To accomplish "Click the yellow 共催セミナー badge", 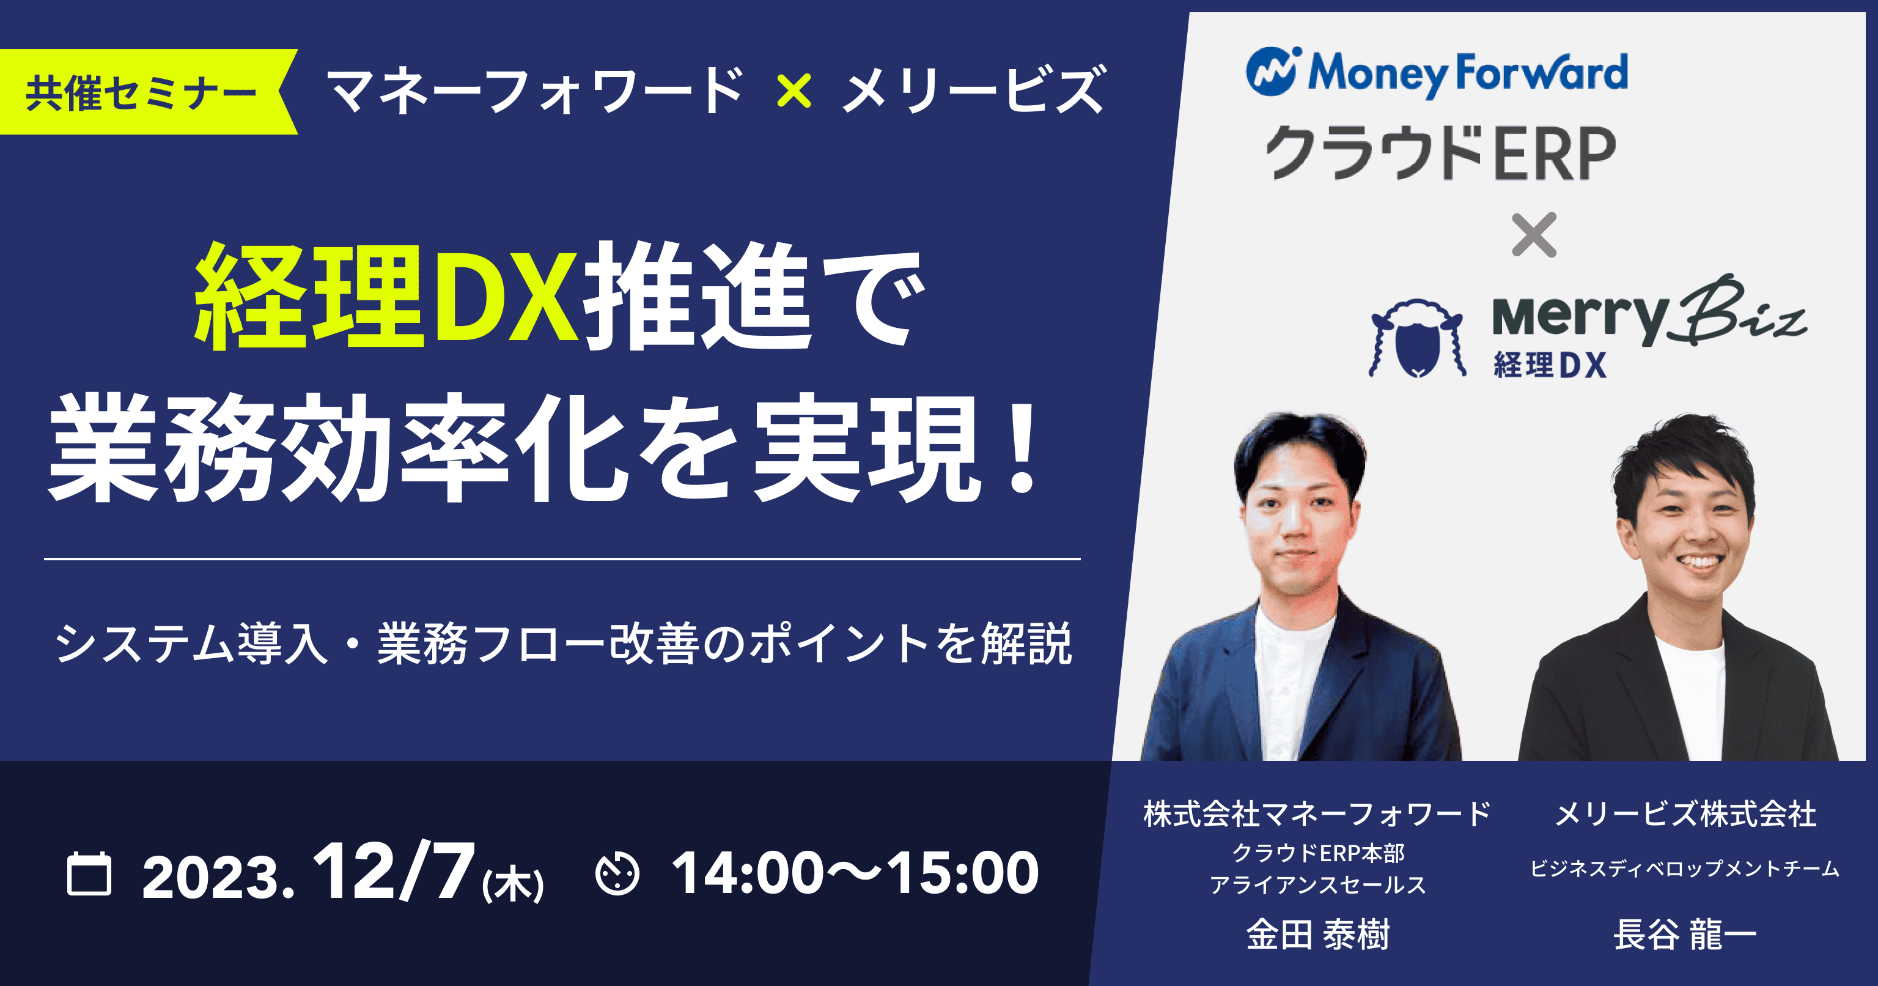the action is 146,92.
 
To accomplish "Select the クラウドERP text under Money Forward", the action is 1440,152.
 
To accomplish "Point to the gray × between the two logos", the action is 1534,235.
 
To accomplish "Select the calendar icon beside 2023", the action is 89,873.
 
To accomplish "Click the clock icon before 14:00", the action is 617,873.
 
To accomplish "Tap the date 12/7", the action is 394,872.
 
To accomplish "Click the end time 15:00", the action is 962,873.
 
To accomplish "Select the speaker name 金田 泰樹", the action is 1318,934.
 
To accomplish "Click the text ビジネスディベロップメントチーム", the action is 1685,869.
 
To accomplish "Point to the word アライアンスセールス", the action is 1318,884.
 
